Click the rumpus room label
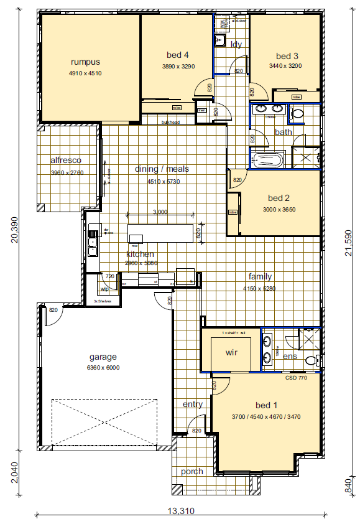tap(85, 62)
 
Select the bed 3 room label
tap(287, 55)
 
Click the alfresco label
tap(66, 160)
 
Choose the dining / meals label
tap(162, 169)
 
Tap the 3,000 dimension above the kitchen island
tap(160, 212)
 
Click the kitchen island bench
tap(160, 233)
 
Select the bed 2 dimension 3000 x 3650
tap(279, 210)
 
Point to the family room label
tap(261, 276)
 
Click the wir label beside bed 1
tap(232, 352)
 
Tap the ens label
tap(290, 357)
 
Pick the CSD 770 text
tap(296, 378)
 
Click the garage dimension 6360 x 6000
tap(104, 368)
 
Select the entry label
tap(193, 405)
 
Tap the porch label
tap(192, 471)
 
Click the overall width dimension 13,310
tap(181, 512)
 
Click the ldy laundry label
tap(236, 44)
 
